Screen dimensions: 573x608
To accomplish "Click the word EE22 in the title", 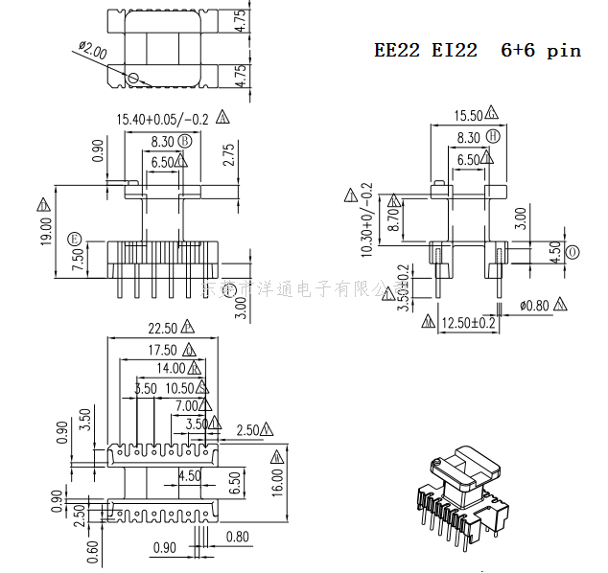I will (x=396, y=51).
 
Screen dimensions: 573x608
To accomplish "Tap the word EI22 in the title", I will (x=454, y=51).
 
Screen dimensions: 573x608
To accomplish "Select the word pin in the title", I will (x=564, y=51).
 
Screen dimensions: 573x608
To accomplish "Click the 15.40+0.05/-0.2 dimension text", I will (x=162, y=119).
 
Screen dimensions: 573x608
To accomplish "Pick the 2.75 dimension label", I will (x=227, y=156).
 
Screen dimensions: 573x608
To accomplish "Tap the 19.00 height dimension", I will (x=46, y=230).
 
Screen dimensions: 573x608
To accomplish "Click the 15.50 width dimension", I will (x=468, y=116).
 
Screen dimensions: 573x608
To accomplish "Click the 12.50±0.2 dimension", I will (x=468, y=324).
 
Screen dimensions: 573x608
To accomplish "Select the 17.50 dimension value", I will (x=162, y=350).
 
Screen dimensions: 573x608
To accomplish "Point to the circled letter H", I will (x=493, y=137).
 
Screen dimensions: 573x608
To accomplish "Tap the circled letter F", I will (x=74, y=237).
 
